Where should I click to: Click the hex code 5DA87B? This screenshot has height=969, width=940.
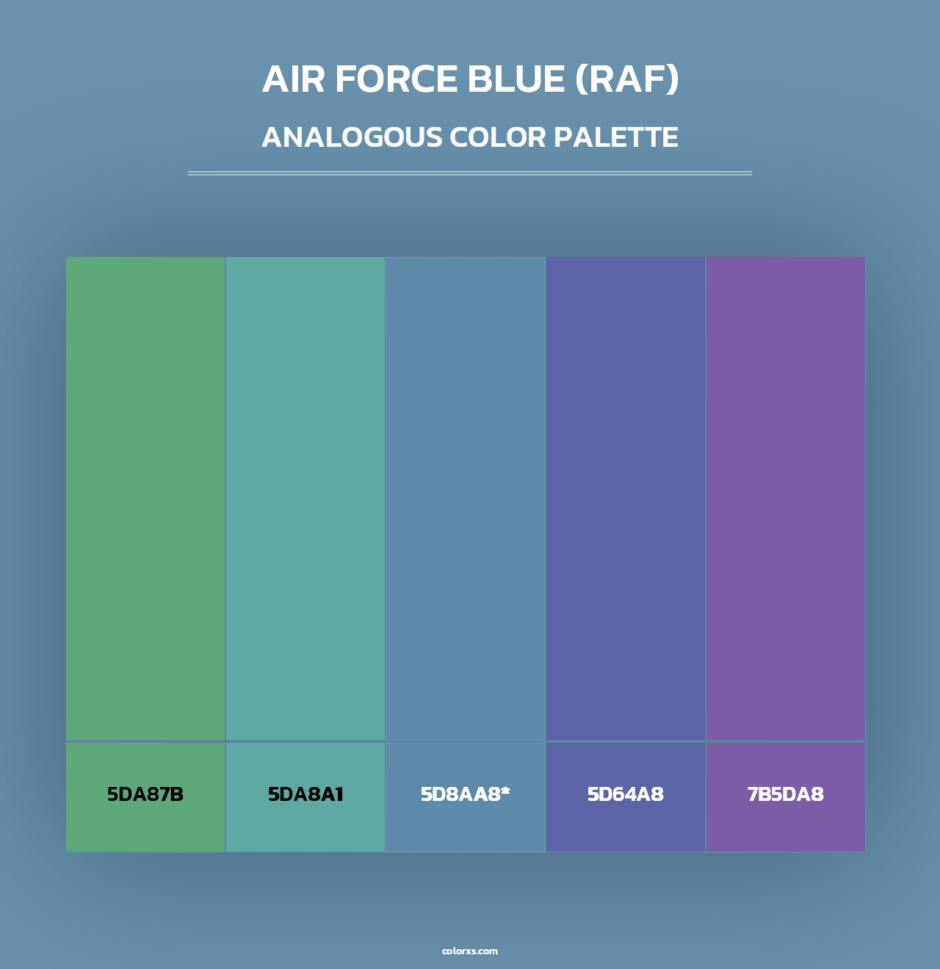pos(145,794)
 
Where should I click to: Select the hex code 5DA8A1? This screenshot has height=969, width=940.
pos(305,794)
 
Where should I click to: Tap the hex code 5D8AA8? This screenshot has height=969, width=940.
pos(460,794)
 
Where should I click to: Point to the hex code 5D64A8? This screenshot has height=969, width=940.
pos(626,794)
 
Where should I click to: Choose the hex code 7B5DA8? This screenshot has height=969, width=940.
pos(786,794)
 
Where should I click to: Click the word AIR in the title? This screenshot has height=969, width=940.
pos(293,79)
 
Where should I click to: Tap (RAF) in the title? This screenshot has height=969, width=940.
pos(626,79)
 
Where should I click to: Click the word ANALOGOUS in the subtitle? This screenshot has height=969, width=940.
pos(352,137)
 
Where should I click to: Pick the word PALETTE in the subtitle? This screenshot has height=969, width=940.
pos(615,137)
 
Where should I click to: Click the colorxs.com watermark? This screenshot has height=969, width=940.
pos(470,951)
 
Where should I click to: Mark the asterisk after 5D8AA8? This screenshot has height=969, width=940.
pos(505,791)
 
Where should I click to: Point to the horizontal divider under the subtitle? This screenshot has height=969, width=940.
pos(470,173)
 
